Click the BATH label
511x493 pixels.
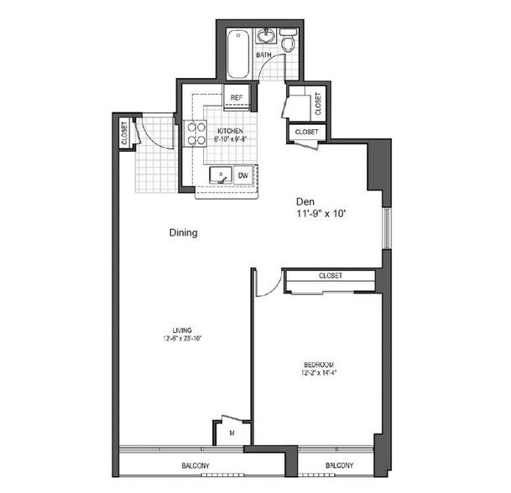263,56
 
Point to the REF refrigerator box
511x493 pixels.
236,98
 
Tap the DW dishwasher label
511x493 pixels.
242,175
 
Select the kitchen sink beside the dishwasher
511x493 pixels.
220,175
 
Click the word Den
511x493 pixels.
304,202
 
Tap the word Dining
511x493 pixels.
183,234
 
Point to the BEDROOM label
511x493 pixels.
319,364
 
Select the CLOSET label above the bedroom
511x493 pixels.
331,276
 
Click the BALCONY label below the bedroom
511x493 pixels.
338,466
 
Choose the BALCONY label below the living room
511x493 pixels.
196,466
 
